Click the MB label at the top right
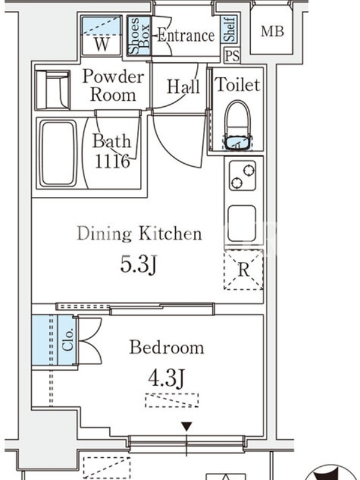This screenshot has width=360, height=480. tap(272, 32)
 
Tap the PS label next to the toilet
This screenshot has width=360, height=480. tap(232, 56)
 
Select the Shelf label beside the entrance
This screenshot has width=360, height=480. tap(229, 29)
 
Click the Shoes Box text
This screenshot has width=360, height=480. tap(140, 36)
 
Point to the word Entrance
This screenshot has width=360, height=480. tap(186, 35)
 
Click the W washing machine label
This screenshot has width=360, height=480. tap(101, 44)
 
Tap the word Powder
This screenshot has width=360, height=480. tap(113, 76)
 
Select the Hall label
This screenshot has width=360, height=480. tap(183, 86)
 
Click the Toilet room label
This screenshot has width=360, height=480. tap(238, 85)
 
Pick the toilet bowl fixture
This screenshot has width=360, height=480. tap(238, 125)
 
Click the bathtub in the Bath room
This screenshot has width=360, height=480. tap(58, 154)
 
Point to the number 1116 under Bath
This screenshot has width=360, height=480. tap(112, 161)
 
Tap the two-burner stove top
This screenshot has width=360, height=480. tap(242, 175)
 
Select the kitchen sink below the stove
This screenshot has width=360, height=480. tap(242, 223)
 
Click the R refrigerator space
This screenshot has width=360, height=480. tap(244, 270)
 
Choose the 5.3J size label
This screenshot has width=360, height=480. tap(139, 264)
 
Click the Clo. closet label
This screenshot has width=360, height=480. tap(67, 340)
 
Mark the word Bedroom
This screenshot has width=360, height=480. tap(167, 348)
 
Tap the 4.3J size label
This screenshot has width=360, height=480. tap(167, 379)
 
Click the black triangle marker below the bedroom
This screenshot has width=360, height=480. tap(187, 427)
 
